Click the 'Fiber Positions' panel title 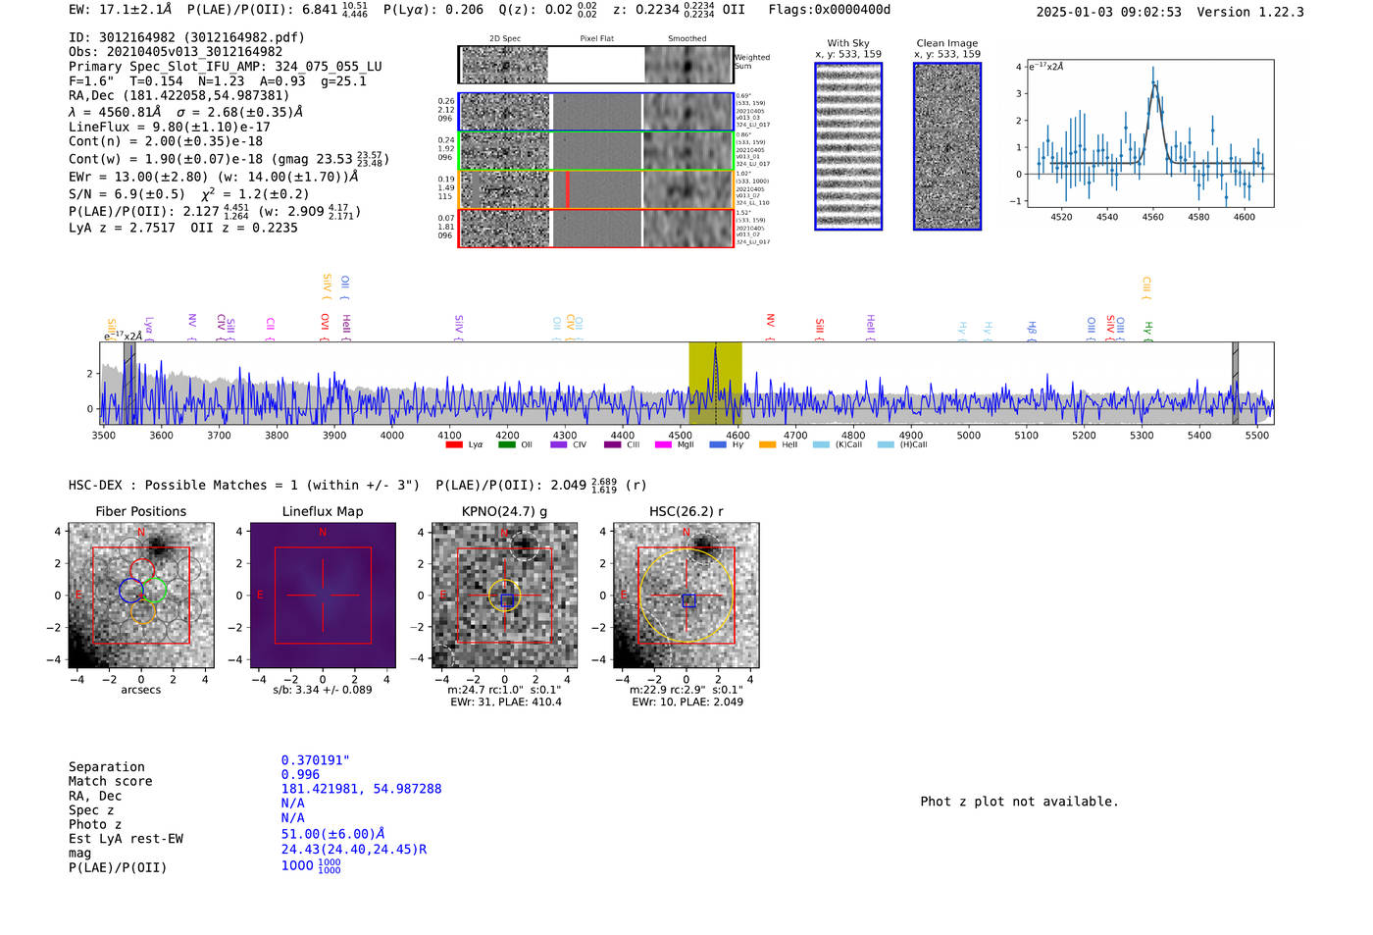[140, 511]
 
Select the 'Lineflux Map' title [322, 511]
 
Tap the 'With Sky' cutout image [848, 146]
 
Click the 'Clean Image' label [946, 43]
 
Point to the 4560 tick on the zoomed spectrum [1152, 217]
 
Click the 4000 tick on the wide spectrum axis [391, 435]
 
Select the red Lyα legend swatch [454, 445]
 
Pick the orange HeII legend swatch [767, 445]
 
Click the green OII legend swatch [506, 445]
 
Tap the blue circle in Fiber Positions [131, 591]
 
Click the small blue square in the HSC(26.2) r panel [688, 600]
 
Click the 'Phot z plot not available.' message [1019, 802]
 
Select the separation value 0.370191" [315, 760]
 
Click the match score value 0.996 [300, 774]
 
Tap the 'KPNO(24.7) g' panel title [504, 511]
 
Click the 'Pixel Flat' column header [596, 38]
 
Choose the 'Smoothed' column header [686, 38]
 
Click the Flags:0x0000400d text [829, 10]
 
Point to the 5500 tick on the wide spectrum [1256, 435]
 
